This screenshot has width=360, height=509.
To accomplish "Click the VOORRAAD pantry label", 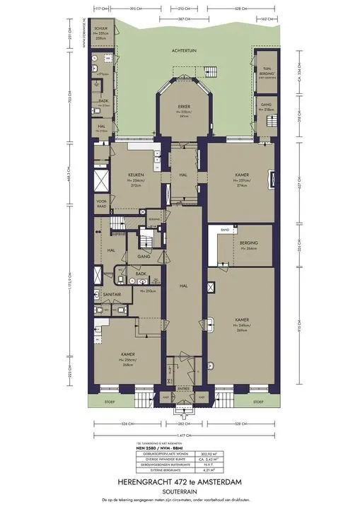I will point(101,204).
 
